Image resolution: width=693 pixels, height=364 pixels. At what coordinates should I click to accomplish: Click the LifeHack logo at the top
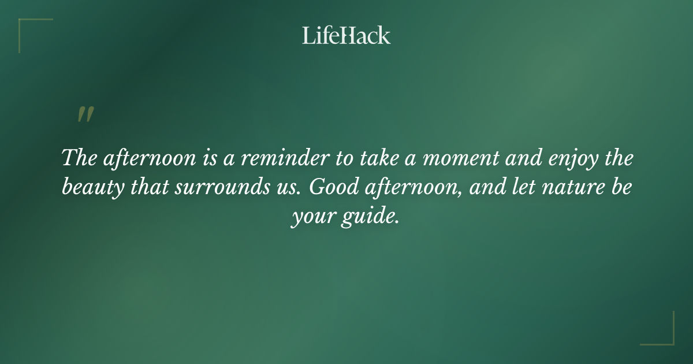tap(346, 36)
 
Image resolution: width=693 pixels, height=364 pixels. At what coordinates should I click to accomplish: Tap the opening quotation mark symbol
tap(85, 114)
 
